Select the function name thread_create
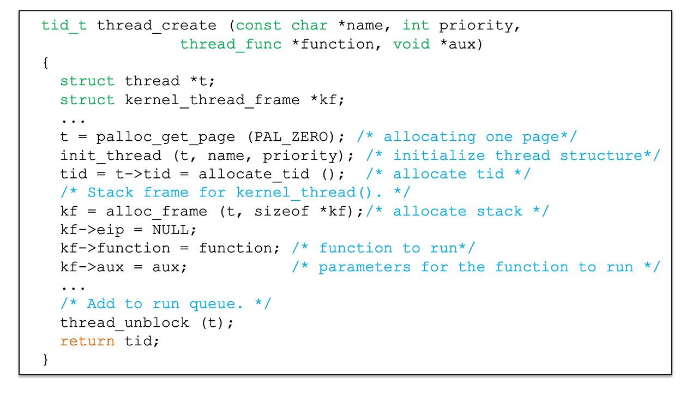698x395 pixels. (157, 26)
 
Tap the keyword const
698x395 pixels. (258, 26)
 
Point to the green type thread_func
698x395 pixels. (231, 44)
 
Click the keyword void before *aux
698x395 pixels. (411, 44)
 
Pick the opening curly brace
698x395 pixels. (45, 63)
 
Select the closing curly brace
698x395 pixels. (45, 360)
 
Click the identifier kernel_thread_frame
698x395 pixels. (212, 100)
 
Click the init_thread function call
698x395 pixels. (111, 155)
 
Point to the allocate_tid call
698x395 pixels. (254, 174)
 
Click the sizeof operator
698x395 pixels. (281, 211)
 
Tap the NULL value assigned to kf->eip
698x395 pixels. (171, 230)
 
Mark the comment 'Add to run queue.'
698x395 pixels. (166, 304)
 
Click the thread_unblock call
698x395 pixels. (124, 322)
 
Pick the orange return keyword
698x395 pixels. (87, 341)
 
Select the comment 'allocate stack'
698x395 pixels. (458, 211)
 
